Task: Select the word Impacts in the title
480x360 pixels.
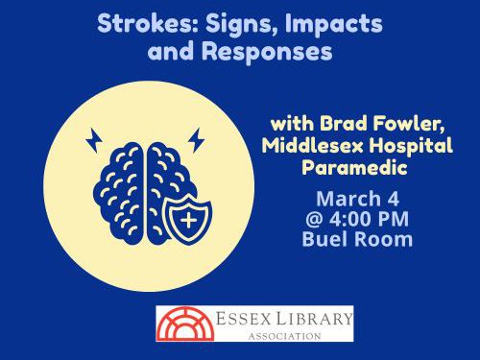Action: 327,23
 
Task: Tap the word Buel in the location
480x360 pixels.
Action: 324,239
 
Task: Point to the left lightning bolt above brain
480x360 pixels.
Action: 94,141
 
